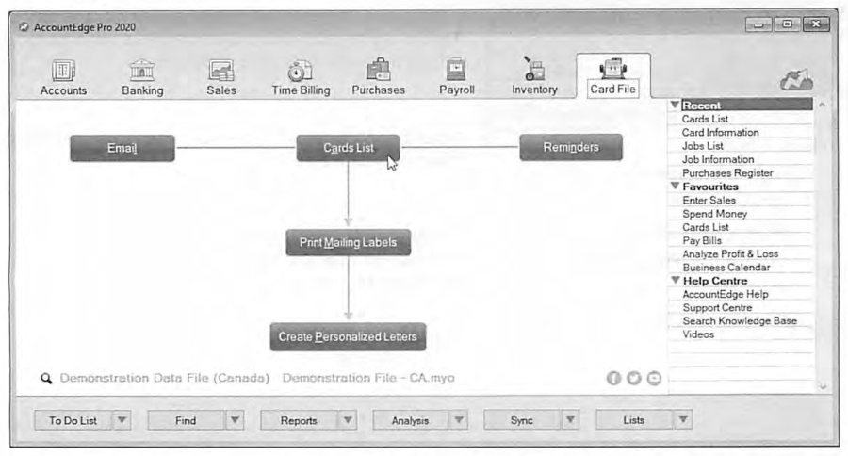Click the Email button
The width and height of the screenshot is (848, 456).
(x=122, y=148)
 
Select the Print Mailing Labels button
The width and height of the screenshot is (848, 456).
(x=349, y=242)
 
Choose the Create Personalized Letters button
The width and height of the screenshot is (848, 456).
(x=348, y=336)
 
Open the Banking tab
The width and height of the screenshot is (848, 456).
(x=142, y=78)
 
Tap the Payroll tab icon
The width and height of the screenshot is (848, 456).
(x=456, y=70)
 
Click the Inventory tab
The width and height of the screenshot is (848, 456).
(x=534, y=77)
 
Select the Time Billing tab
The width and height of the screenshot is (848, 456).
(x=301, y=78)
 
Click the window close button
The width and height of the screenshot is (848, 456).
(x=816, y=24)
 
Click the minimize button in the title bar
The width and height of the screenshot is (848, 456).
(x=758, y=24)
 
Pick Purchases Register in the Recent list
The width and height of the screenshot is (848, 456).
(x=727, y=173)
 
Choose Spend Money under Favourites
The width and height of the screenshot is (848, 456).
(x=714, y=214)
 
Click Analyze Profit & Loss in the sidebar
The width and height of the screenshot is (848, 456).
(x=730, y=253)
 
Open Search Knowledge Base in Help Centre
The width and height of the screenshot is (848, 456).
(x=740, y=320)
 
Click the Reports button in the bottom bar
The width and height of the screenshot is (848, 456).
(x=299, y=420)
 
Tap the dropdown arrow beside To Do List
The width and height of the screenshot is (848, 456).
(x=122, y=420)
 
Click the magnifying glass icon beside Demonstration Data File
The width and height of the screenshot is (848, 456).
(x=46, y=378)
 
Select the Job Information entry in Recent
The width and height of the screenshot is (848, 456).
(x=718, y=159)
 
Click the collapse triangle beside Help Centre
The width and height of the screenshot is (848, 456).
(x=675, y=280)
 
